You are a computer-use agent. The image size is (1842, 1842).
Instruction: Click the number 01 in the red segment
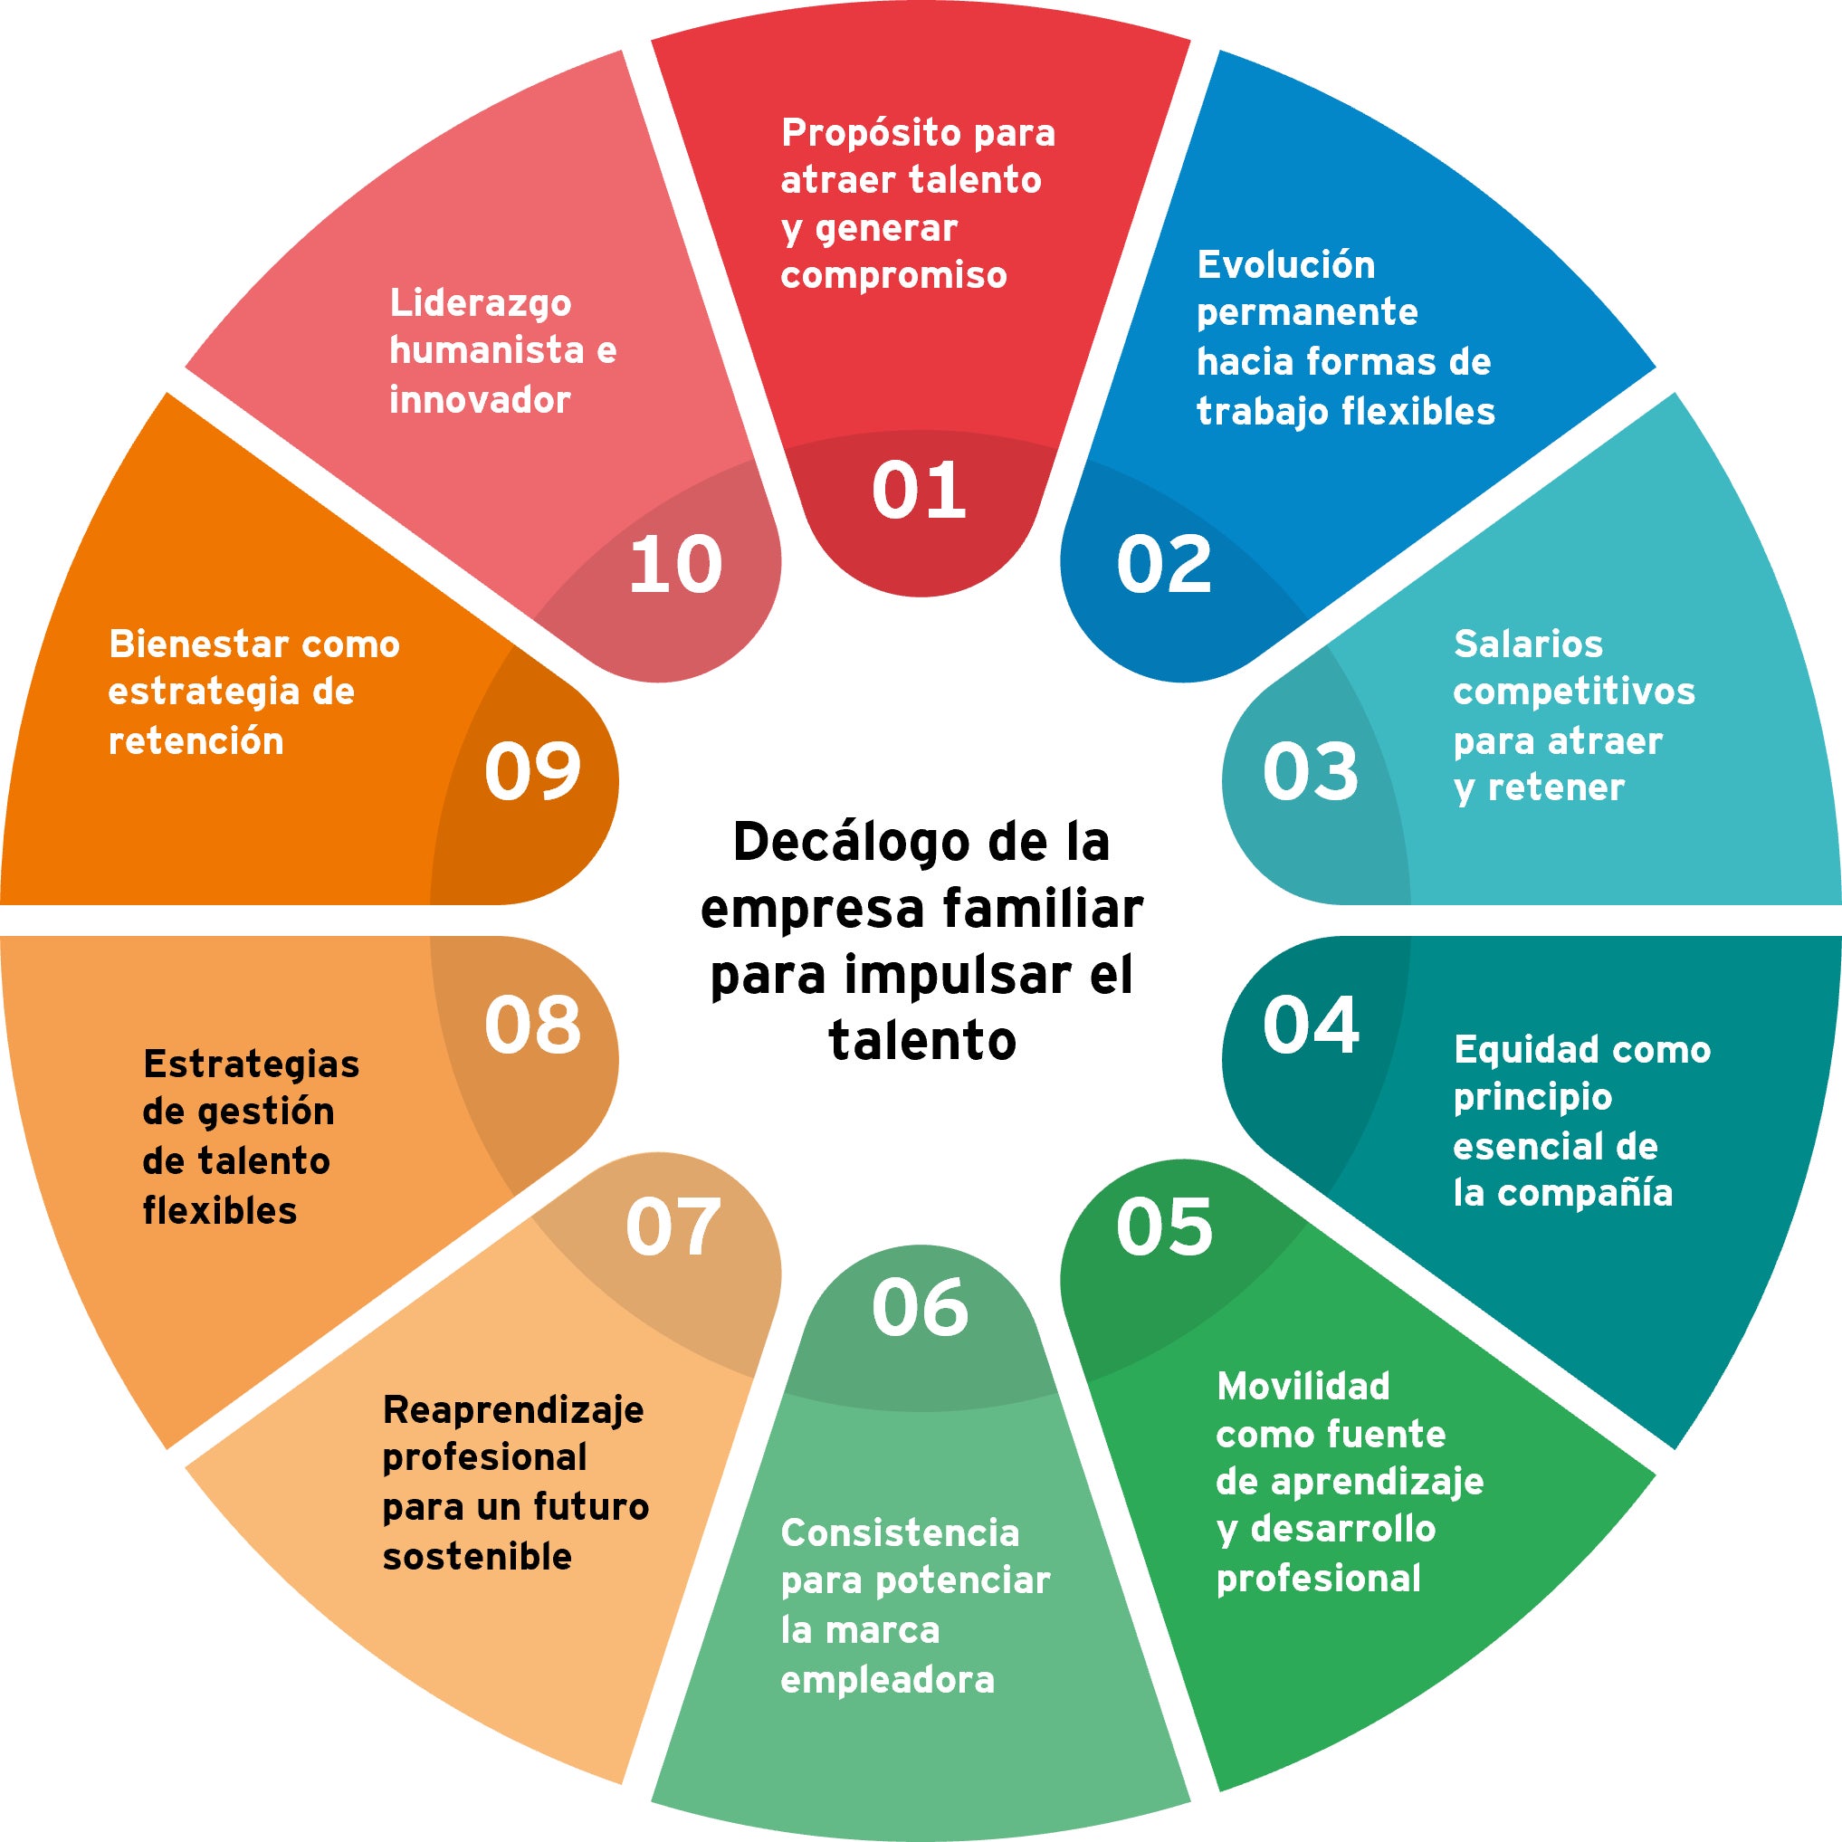coord(919,490)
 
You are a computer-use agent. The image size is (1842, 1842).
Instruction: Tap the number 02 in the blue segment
coord(1163,565)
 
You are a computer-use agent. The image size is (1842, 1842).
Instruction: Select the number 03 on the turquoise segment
coord(1310,771)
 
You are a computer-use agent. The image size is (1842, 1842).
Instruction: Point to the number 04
coord(1310,1025)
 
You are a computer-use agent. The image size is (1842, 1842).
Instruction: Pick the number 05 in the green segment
coord(1163,1227)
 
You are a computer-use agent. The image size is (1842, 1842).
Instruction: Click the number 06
coord(919,1307)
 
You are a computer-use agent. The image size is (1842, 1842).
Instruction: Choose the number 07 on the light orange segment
coord(673,1227)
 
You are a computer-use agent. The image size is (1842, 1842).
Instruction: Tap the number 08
coord(532,1025)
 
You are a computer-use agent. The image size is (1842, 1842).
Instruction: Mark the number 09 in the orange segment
coord(532,771)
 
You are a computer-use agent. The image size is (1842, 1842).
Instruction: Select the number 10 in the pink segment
coord(675,565)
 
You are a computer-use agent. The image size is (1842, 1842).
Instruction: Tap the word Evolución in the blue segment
coord(1285,265)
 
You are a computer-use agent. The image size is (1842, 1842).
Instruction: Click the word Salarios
coord(1527,644)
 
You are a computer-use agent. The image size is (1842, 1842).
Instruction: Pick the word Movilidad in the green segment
coord(1303,1387)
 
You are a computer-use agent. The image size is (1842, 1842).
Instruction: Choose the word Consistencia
coord(899,1533)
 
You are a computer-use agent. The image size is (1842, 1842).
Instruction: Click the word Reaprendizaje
coord(513,1410)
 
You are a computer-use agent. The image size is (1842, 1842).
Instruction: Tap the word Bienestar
coord(196,644)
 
